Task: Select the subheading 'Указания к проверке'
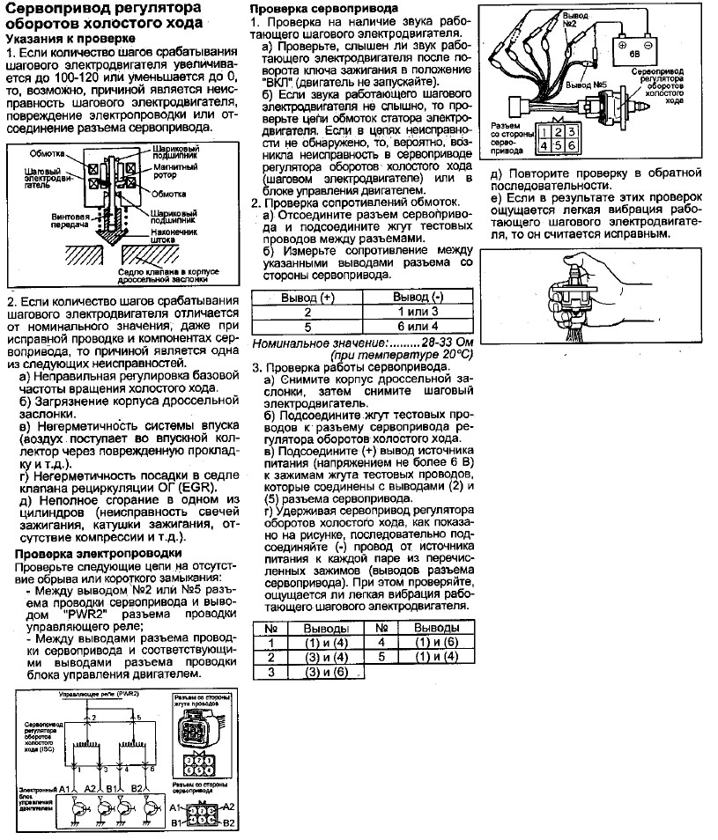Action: point(70,40)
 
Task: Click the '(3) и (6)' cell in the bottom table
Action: point(327,672)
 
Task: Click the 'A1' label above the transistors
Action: point(64,788)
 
